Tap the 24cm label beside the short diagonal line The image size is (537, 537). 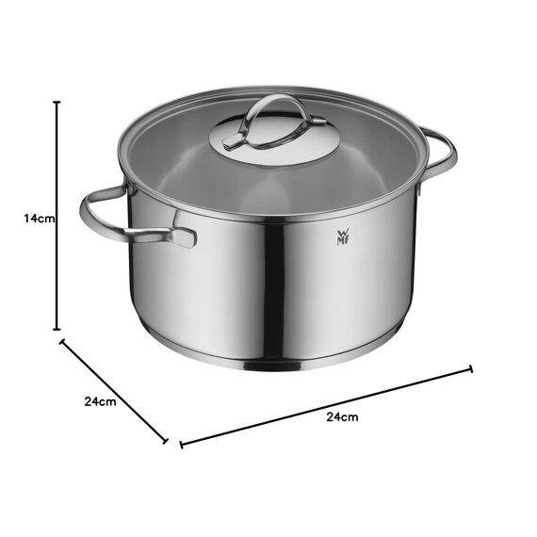click(x=100, y=401)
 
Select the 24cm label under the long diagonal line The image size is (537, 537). click(x=342, y=415)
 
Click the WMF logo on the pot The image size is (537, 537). click(x=341, y=236)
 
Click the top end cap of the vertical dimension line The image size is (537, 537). click(x=57, y=103)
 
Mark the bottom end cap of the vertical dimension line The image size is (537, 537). click(x=57, y=329)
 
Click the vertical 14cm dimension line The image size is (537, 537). click(x=57, y=273)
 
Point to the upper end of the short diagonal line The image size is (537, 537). click(x=63, y=342)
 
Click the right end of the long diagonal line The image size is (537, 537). click(x=471, y=370)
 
